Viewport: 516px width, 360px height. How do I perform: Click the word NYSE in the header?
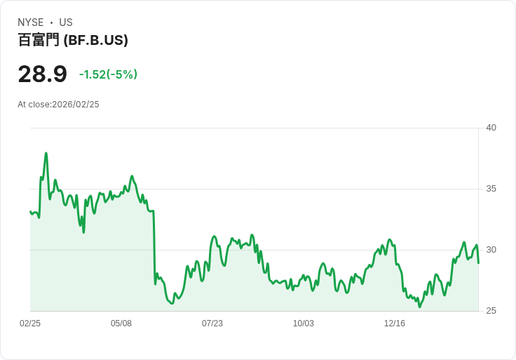pos(31,22)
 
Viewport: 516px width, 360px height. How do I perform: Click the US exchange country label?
pos(66,22)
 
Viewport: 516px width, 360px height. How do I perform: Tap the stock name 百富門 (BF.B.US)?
pos(73,41)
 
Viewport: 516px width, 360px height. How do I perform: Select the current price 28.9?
pos(42,74)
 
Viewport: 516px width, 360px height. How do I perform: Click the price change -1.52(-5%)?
pos(108,74)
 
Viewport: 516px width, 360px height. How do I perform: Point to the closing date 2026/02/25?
pos(76,105)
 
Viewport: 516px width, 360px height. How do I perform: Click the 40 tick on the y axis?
pos(491,128)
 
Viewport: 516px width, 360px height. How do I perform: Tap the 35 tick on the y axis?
pos(491,189)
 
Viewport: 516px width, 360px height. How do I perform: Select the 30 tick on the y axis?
pos(491,250)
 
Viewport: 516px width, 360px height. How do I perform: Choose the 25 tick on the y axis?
pos(491,311)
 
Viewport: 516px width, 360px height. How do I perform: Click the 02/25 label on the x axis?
pos(30,324)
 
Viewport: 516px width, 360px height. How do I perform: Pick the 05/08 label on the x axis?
pos(121,324)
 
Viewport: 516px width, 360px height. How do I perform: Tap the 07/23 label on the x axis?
pos(212,324)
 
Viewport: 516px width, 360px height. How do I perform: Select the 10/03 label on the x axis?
pos(304,324)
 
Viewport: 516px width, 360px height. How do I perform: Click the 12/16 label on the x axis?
pos(395,324)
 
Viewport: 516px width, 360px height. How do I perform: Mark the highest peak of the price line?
pos(46,153)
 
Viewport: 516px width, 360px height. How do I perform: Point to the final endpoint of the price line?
pos(478,263)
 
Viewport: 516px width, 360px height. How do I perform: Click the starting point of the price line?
pos(30,211)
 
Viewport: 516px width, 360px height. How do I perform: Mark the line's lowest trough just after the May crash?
pos(172,303)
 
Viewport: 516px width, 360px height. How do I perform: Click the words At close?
pos(34,105)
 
